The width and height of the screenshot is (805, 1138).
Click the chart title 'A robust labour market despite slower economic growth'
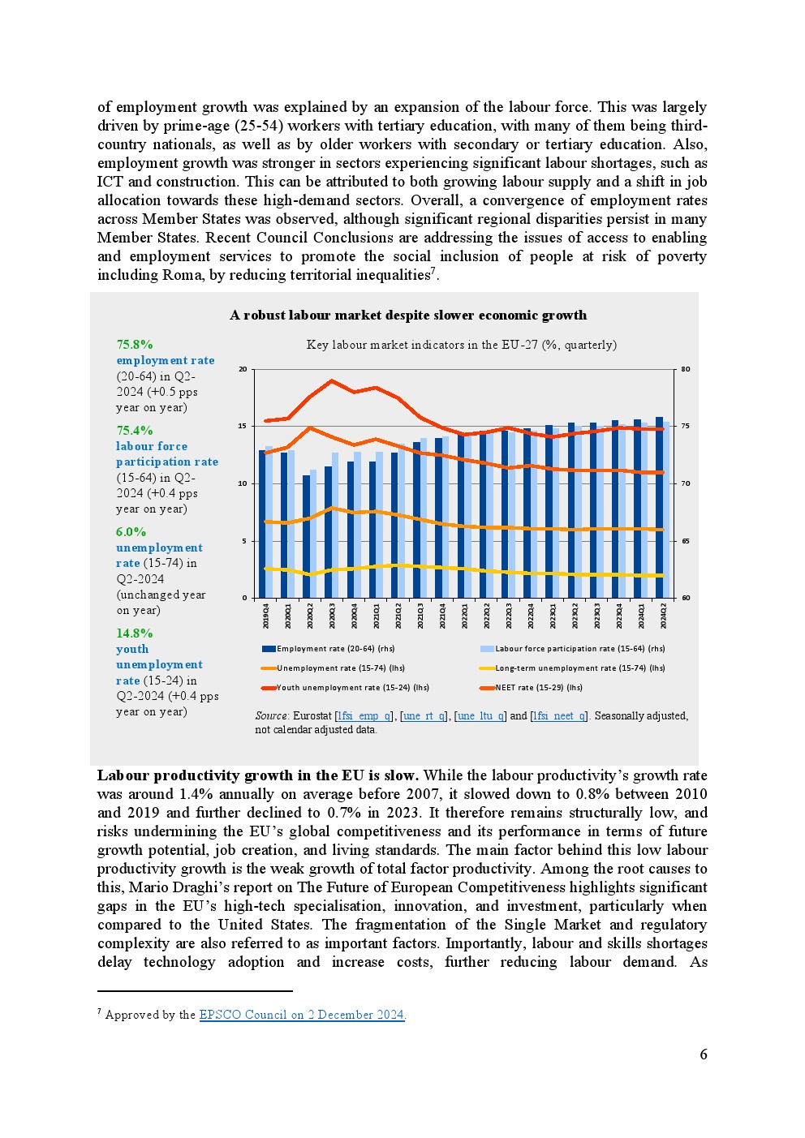tap(408, 316)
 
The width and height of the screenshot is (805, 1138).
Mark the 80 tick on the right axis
tap(686, 369)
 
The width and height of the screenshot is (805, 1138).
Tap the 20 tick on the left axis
tap(243, 369)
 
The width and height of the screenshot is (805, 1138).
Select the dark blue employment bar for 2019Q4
tap(262, 524)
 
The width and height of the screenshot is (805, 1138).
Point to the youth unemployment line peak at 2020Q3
tap(332, 380)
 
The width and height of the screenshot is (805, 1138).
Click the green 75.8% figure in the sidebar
tap(135, 345)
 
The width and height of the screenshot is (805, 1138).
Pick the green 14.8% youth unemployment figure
tap(135, 633)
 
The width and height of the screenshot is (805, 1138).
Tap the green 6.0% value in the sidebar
tap(131, 532)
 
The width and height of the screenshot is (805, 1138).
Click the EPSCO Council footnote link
tap(302, 1015)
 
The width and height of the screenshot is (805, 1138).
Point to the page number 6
tap(704, 1054)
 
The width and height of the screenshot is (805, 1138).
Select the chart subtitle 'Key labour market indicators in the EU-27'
tap(461, 345)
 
